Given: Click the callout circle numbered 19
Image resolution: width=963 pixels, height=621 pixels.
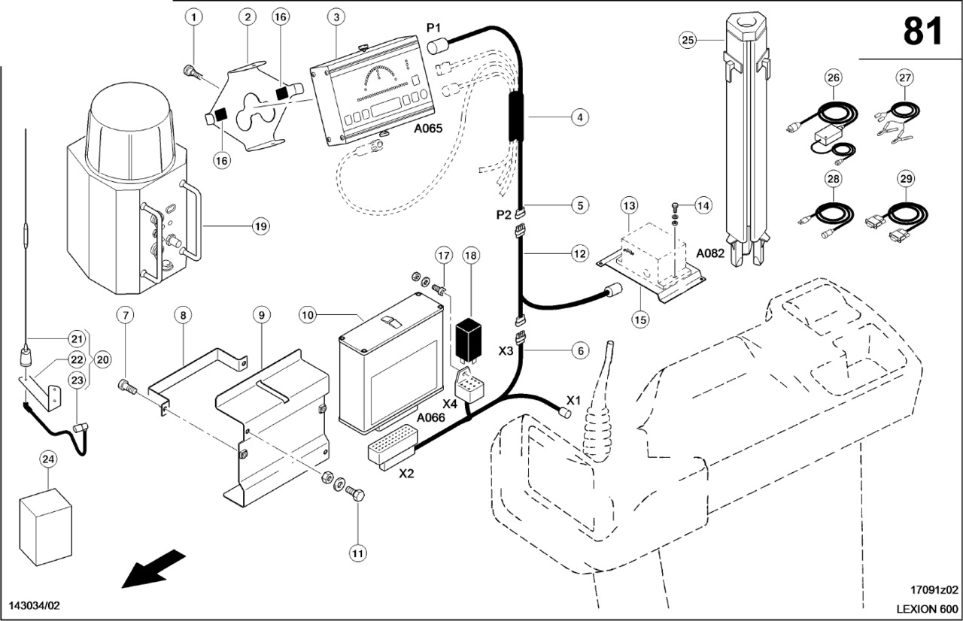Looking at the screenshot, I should pyautogui.click(x=260, y=226).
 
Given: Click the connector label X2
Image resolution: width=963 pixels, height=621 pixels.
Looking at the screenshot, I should pyautogui.click(x=406, y=474).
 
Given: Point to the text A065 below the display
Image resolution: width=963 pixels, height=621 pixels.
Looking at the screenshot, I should pyautogui.click(x=428, y=128).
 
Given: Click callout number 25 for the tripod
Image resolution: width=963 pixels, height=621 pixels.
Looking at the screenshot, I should pyautogui.click(x=687, y=40).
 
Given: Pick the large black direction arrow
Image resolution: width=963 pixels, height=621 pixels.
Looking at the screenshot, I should pyautogui.click(x=154, y=568).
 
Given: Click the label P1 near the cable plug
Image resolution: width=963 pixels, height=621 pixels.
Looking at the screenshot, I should pyautogui.click(x=434, y=28).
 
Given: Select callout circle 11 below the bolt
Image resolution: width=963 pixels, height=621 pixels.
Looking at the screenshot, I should pyautogui.click(x=357, y=553).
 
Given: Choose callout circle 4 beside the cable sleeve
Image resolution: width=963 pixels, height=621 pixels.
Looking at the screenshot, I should pyautogui.click(x=579, y=117).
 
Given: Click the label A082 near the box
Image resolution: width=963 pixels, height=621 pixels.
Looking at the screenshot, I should pyautogui.click(x=709, y=253).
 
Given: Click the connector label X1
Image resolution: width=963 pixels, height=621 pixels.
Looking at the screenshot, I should pyautogui.click(x=574, y=398).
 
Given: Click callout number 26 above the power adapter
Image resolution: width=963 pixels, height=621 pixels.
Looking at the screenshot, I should pyautogui.click(x=832, y=77).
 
